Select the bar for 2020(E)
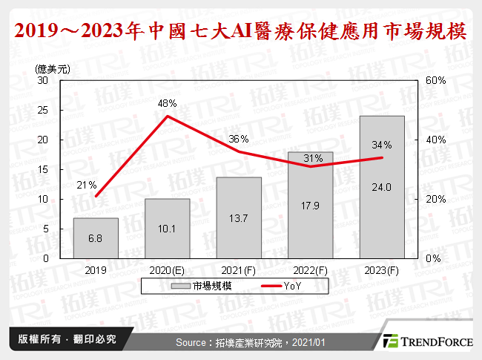(167, 228)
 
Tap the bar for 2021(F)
(239, 217)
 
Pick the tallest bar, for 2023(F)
(382, 187)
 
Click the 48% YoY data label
(167, 104)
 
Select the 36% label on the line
(239, 139)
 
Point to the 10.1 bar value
(167, 228)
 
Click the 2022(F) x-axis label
(310, 272)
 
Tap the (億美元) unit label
(53, 68)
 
